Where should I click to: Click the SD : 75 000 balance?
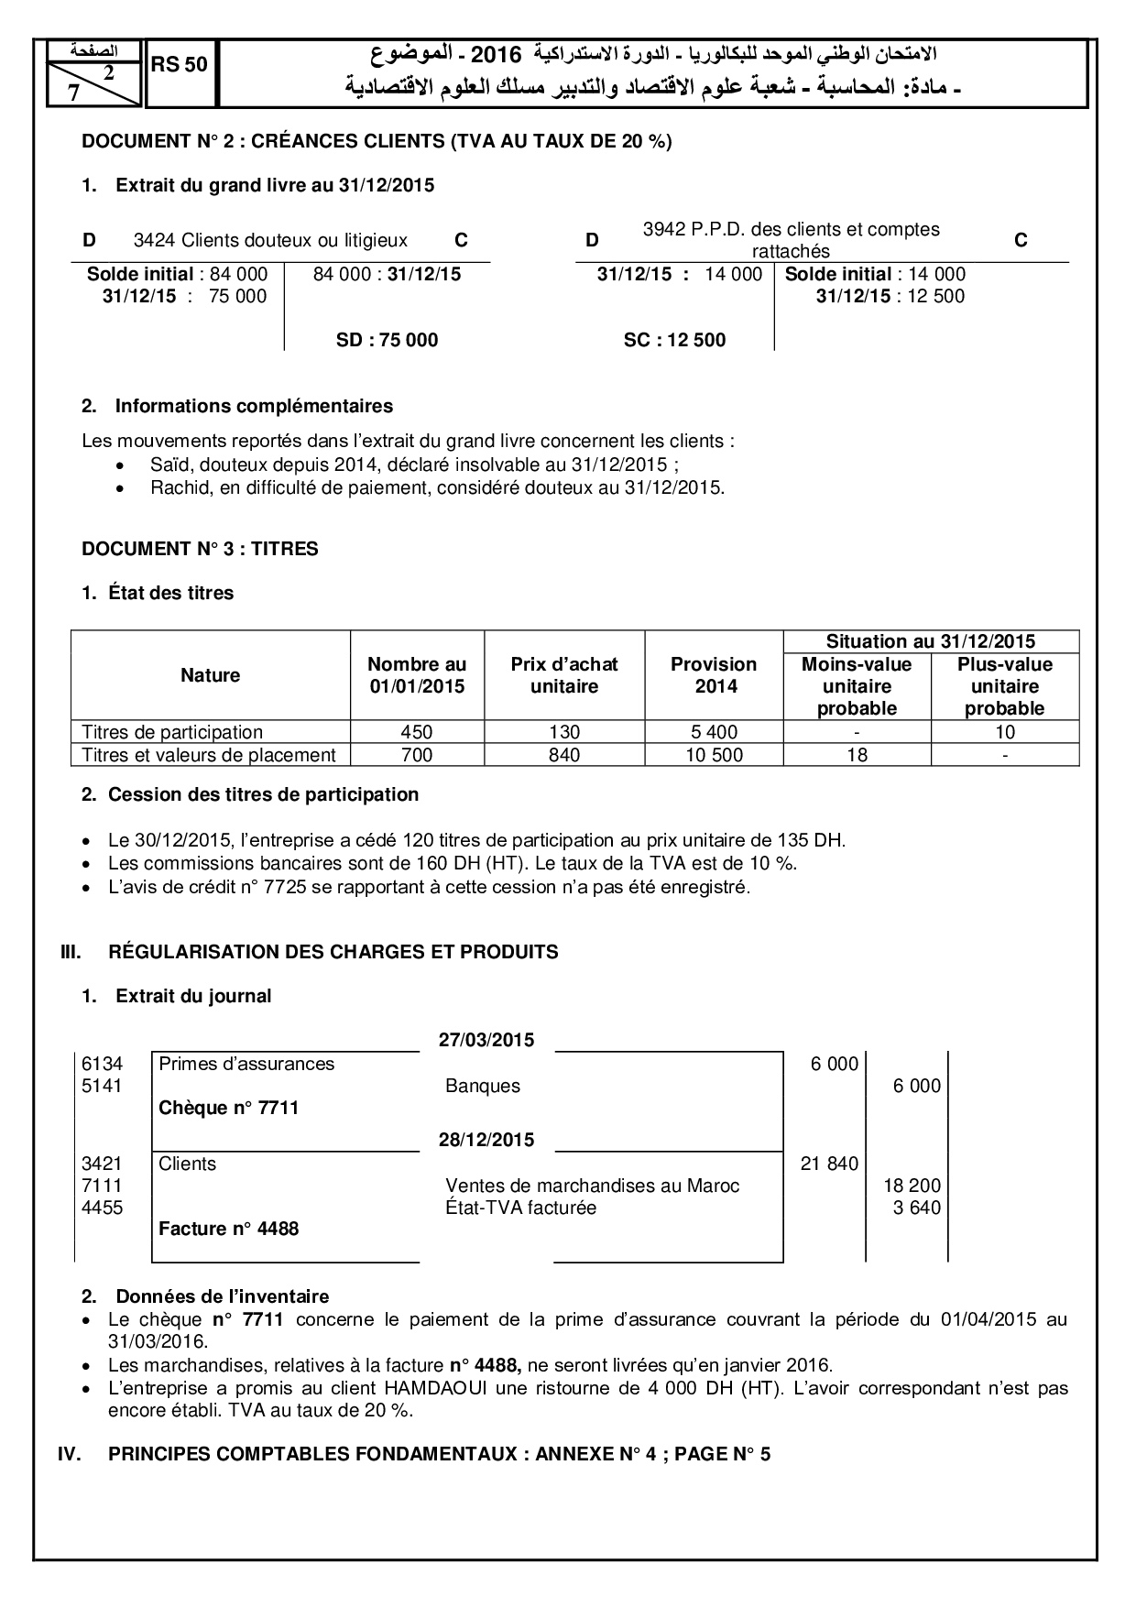(x=387, y=340)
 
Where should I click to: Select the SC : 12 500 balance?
(x=674, y=340)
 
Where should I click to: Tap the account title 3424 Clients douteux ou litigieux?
(x=270, y=241)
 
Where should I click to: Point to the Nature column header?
(x=211, y=675)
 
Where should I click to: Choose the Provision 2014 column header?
(x=714, y=675)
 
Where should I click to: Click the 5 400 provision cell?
(x=714, y=732)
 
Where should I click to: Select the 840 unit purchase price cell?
(x=564, y=755)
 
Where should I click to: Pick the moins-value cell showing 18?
(x=857, y=755)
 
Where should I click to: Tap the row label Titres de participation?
(x=172, y=732)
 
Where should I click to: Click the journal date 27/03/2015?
(x=486, y=1040)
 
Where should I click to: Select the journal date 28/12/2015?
(x=486, y=1140)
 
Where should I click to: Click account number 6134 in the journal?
(x=102, y=1064)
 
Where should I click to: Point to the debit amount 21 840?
(x=829, y=1164)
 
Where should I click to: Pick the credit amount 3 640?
(x=916, y=1208)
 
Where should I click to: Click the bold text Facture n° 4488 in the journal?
(x=228, y=1229)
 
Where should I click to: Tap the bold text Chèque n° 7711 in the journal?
(x=228, y=1108)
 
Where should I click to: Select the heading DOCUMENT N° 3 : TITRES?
(x=200, y=549)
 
